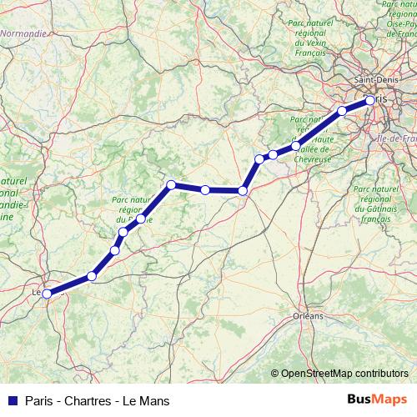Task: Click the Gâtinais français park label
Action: [x=378, y=203]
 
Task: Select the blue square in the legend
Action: [x=11, y=400]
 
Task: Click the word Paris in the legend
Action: [x=40, y=400]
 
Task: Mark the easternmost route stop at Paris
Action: [x=370, y=102]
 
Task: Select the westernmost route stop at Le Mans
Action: [x=48, y=293]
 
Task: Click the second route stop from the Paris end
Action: [x=342, y=111]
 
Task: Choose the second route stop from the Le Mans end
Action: [x=92, y=276]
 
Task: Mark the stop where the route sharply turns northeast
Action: [x=243, y=191]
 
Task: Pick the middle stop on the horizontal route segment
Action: [x=205, y=190]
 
